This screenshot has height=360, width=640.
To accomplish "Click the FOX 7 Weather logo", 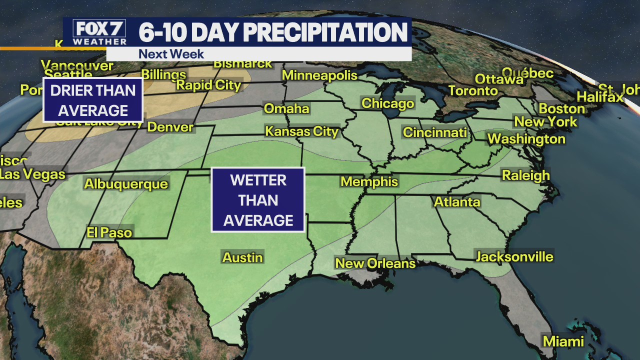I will tap(99, 32).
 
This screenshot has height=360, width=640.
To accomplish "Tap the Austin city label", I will tap(242, 257).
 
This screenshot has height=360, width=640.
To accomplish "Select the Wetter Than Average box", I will tap(258, 200).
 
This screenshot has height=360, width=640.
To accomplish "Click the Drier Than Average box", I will tap(93, 100).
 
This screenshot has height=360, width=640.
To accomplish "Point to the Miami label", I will tap(563, 341).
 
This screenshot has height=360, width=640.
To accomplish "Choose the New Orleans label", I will tap(375, 263).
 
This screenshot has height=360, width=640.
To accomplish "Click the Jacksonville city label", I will tap(514, 256).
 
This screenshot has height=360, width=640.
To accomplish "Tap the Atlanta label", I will tap(457, 202).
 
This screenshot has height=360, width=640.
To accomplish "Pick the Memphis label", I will tap(369, 181).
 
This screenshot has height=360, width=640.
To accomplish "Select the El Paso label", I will tap(109, 232).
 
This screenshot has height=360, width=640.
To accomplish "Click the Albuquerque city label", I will tap(126, 184).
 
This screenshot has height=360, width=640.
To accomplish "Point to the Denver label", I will tap(170, 126).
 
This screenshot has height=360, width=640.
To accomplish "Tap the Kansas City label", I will tap(301, 131).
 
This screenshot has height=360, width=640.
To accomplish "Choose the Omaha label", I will tap(286, 108).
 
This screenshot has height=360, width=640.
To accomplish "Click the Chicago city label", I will tap(388, 103).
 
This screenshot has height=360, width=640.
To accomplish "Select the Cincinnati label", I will tap(435, 132).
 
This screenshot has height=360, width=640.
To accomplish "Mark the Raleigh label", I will tap(525, 175).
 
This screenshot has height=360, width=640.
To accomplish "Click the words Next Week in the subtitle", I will tap(171, 54).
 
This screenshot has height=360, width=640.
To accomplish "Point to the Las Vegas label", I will tap(32, 174).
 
